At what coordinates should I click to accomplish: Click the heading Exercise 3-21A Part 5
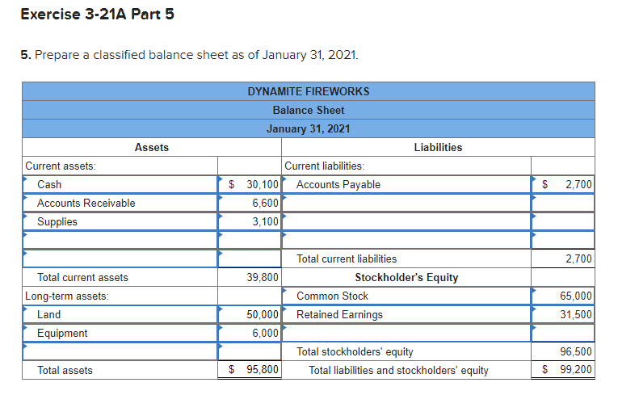pyautogui.click(x=97, y=15)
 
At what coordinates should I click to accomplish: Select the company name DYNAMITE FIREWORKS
pyautogui.click(x=308, y=91)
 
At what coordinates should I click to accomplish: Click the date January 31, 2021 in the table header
pyautogui.click(x=308, y=128)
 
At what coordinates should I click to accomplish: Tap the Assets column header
pyautogui.click(x=152, y=147)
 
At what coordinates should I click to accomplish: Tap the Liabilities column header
pyautogui.click(x=438, y=147)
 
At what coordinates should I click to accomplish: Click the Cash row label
pyautogui.click(x=49, y=184)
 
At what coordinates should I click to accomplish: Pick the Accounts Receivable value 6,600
pyautogui.click(x=265, y=203)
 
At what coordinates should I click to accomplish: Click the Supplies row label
pyautogui.click(x=57, y=221)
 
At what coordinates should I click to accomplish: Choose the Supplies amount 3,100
pyautogui.click(x=265, y=221)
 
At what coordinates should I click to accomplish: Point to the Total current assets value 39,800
pyautogui.click(x=262, y=277)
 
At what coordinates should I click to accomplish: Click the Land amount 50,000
pyautogui.click(x=262, y=314)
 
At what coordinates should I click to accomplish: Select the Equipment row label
pyautogui.click(x=62, y=333)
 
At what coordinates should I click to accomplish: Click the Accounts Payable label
pyautogui.click(x=338, y=184)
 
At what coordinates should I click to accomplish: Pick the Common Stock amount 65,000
pyautogui.click(x=575, y=296)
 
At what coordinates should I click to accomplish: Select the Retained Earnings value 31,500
pyautogui.click(x=575, y=314)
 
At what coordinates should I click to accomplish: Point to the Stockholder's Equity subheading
pyautogui.click(x=406, y=277)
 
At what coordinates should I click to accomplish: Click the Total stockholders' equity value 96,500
pyautogui.click(x=575, y=351)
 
